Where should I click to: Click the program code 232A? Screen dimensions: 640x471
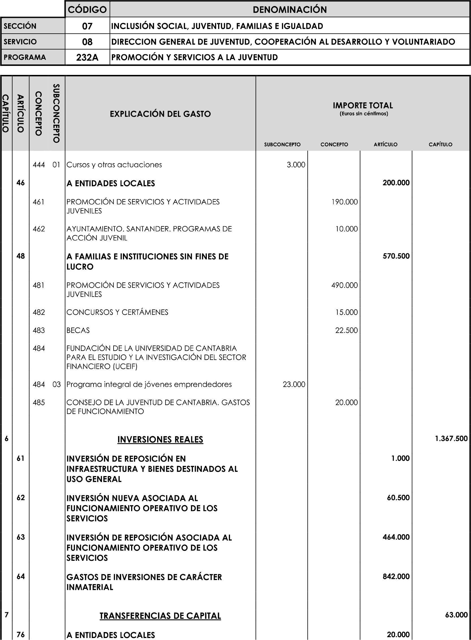click(x=87, y=58)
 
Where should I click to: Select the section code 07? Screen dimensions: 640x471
click(x=87, y=26)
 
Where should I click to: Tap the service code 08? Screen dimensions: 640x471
click(x=87, y=42)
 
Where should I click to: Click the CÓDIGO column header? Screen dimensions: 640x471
click(x=87, y=10)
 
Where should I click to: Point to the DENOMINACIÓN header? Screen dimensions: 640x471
click(x=290, y=10)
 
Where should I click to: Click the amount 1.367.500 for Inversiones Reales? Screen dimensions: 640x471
click(x=451, y=438)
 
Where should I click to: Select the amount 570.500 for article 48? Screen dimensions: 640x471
click(x=396, y=256)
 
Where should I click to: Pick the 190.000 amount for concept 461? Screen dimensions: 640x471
click(x=344, y=202)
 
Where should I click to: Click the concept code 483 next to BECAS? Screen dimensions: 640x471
click(x=39, y=330)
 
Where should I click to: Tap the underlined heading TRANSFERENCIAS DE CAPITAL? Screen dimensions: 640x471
click(x=160, y=616)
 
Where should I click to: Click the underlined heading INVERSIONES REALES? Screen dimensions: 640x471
click(x=160, y=440)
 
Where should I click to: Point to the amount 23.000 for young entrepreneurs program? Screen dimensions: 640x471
click(x=294, y=384)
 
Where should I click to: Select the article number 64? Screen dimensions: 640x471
click(x=21, y=576)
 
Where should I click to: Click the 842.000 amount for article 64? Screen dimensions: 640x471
click(x=396, y=576)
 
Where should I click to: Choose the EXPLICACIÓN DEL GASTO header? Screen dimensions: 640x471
click(x=160, y=114)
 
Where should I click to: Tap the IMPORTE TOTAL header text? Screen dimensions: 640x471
click(x=363, y=106)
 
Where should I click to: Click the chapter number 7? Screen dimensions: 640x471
click(x=6, y=615)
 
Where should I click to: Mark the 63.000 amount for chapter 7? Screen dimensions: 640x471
click(x=456, y=615)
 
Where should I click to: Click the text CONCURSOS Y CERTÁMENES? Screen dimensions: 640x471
click(x=117, y=312)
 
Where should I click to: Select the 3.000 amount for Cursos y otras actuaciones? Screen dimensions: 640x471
click(x=296, y=165)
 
